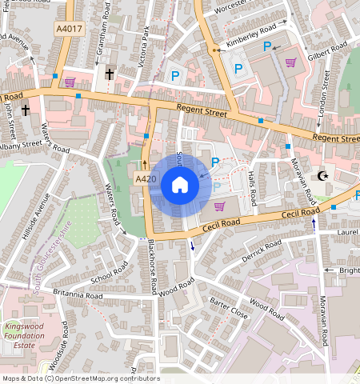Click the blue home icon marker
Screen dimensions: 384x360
coord(180,186)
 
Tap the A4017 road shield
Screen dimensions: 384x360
coord(69,29)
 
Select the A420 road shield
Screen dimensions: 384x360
coord(144,179)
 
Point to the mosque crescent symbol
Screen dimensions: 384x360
coord(323,175)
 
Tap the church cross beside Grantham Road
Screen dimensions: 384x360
coord(109,74)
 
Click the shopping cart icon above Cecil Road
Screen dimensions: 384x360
coord(218,206)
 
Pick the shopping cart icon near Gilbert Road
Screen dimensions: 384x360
coord(290,62)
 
